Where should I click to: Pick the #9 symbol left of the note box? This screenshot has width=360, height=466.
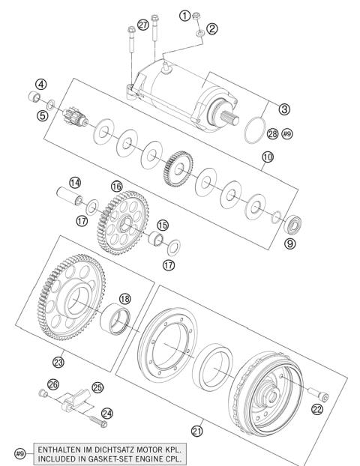20,454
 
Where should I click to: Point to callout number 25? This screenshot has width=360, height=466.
97,387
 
